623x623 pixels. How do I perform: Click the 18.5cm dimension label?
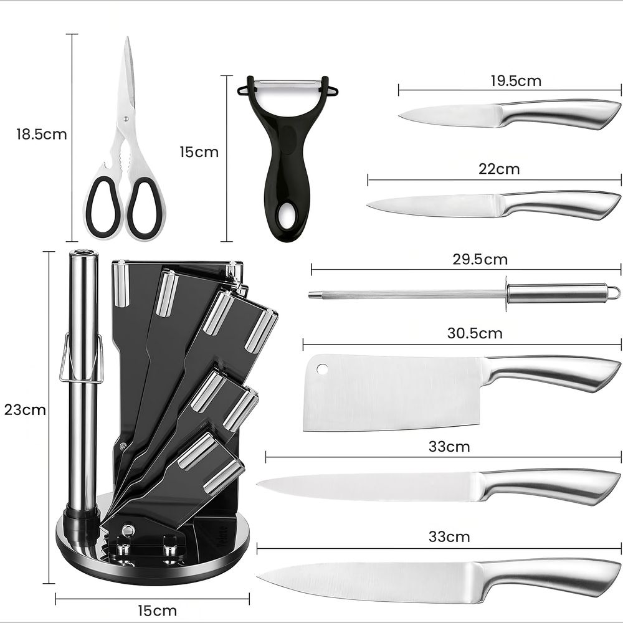point(41,135)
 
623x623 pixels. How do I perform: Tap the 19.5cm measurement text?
point(516,80)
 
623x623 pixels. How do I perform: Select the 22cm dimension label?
point(499,169)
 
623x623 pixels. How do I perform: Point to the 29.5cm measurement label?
point(480,259)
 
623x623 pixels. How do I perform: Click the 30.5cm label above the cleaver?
point(475,333)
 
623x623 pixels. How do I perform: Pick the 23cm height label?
point(25,410)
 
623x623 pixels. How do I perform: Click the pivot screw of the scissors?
point(126,118)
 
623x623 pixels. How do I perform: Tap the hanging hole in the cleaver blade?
point(321,369)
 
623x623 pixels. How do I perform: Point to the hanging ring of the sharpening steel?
point(614,292)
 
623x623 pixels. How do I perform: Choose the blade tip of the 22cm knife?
point(368,204)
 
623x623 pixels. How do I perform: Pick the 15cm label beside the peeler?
point(199,152)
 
